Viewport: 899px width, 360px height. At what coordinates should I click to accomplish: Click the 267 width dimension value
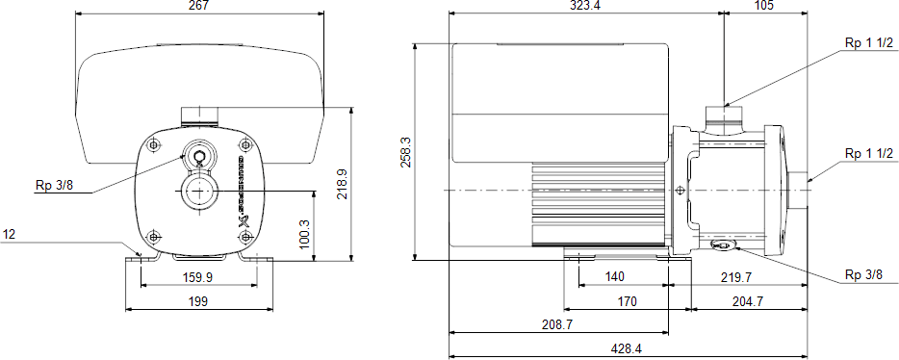click(198, 5)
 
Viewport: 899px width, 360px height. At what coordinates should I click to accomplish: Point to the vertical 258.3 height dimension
click(404, 151)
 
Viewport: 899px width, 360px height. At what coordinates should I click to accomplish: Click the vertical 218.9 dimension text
click(343, 183)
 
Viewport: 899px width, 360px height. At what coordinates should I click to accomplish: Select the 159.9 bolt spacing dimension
click(198, 277)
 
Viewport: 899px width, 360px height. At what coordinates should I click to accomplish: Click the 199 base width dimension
click(198, 301)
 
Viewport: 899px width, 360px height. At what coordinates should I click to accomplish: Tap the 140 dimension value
click(614, 277)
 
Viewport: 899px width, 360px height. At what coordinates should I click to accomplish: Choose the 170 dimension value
click(627, 301)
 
